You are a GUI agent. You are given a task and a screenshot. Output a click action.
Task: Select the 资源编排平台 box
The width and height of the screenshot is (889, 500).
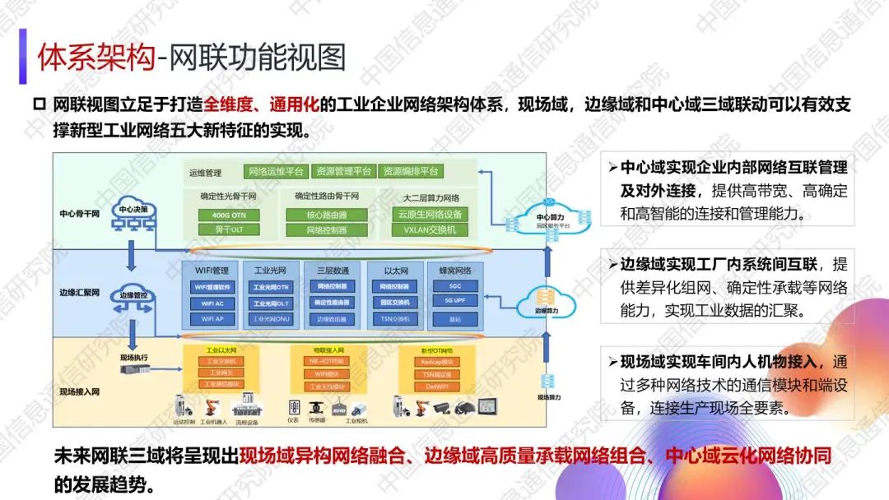[x=412, y=172]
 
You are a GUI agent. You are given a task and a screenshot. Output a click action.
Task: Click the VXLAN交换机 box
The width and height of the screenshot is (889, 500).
[x=430, y=230]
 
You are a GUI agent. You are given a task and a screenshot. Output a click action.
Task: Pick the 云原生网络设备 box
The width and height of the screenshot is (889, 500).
[x=430, y=215]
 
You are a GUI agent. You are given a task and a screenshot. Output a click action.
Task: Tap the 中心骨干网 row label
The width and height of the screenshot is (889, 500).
[x=79, y=213]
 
